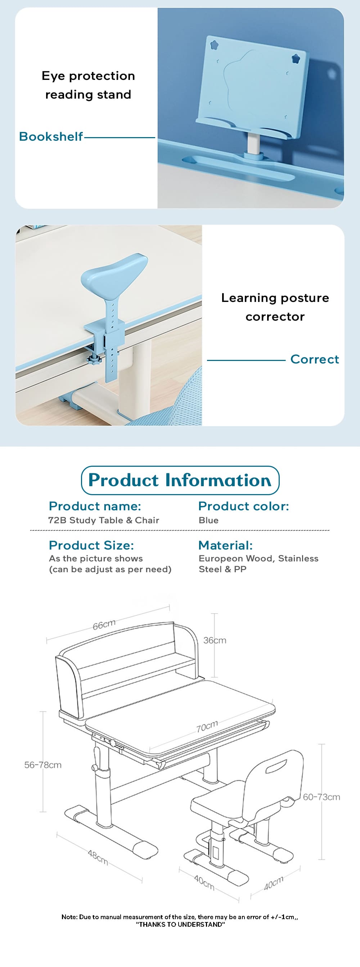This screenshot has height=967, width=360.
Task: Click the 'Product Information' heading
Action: pyautogui.click(x=180, y=480)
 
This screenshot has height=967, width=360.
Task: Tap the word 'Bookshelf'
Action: pyautogui.click(x=51, y=137)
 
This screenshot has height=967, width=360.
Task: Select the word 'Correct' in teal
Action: pyautogui.click(x=314, y=359)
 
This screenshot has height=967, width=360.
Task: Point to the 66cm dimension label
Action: pyautogui.click(x=104, y=625)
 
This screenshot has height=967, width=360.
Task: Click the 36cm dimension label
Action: pyautogui.click(x=215, y=641)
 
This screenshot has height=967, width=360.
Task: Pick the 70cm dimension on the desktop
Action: pyautogui.click(x=207, y=726)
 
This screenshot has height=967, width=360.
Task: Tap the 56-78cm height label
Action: pyautogui.click(x=43, y=765)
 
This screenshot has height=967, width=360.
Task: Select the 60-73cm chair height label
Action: pyautogui.click(x=321, y=797)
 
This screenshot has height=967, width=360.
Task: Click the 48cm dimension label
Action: pyautogui.click(x=98, y=858)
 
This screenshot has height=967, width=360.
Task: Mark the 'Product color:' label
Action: pyautogui.click(x=243, y=506)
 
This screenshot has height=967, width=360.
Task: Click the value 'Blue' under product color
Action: pyautogui.click(x=208, y=520)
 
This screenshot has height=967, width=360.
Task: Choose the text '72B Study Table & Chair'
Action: pyautogui.click(x=104, y=520)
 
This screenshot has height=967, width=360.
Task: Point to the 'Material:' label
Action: pyautogui.click(x=225, y=545)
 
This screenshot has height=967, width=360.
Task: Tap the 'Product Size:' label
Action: pyautogui.click(x=91, y=545)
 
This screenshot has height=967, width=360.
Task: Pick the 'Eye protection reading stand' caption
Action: pyautogui.click(x=88, y=85)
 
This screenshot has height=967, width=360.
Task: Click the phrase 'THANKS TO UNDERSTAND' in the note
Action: pyautogui.click(x=180, y=924)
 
